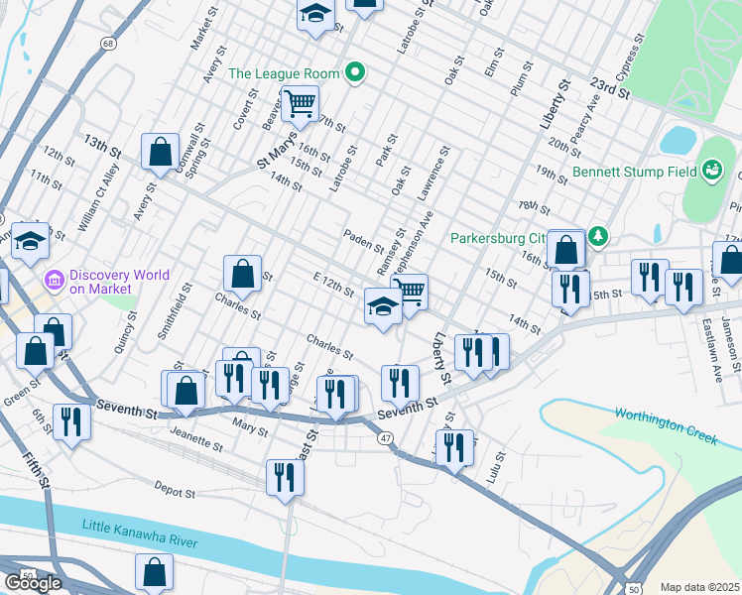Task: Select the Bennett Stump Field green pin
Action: (711, 172)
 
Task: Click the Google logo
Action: (32, 583)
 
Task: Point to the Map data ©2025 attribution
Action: (699, 587)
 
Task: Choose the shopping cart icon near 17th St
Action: (300, 100)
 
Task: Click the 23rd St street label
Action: (606, 87)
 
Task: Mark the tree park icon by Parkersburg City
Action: (597, 236)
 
